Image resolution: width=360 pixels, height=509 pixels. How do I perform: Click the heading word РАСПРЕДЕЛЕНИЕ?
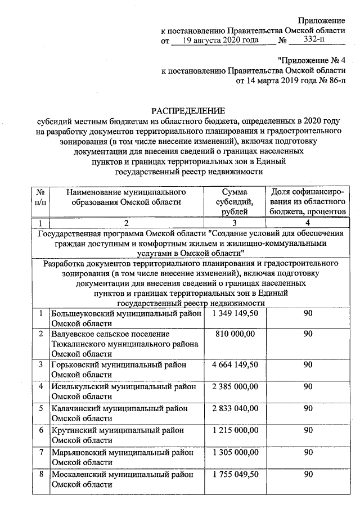pyautogui.click(x=188, y=110)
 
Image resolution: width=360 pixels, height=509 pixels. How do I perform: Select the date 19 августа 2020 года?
pyautogui.click(x=220, y=40)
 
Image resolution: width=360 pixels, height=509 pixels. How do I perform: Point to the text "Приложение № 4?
pyautogui.click(x=312, y=60)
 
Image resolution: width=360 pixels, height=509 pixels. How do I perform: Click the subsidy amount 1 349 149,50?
pyautogui.click(x=235, y=313)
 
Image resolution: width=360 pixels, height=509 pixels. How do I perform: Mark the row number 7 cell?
pyautogui.click(x=41, y=452)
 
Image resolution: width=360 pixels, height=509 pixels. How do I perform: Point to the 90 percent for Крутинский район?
pyautogui.click(x=307, y=430)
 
